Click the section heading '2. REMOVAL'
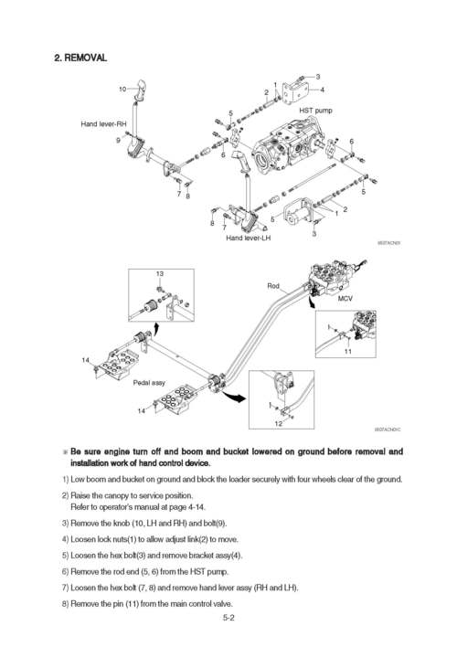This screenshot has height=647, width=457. click(81, 58)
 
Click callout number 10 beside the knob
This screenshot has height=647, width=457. click(122, 89)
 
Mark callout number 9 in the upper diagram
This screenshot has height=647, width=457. click(118, 140)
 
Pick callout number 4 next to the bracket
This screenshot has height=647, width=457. click(322, 90)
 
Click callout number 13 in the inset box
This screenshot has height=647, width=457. click(160, 274)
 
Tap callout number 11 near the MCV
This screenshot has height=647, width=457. click(348, 352)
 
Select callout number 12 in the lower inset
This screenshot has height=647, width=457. click(278, 423)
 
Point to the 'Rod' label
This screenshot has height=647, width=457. click(272, 286)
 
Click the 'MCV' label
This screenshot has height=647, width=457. click(345, 298)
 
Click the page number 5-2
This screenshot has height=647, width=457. click(228, 619)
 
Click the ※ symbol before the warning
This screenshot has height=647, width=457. click(65, 451)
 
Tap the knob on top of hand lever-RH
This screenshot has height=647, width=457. click(142, 89)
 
